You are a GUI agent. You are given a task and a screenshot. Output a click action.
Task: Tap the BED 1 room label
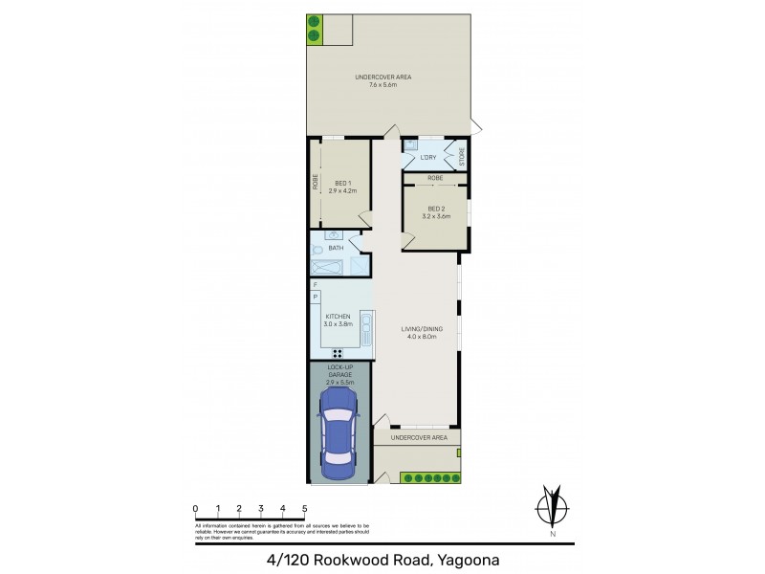(342, 184)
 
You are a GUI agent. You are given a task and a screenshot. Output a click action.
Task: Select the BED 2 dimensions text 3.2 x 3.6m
(436, 217)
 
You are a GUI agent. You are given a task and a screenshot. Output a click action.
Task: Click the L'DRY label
(427, 157)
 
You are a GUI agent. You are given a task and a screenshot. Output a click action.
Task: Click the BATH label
(336, 249)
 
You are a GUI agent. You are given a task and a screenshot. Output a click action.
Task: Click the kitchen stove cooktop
(338, 353)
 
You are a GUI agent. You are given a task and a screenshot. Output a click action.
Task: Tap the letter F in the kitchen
(315, 285)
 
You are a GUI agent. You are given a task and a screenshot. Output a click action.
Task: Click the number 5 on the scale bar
(305, 508)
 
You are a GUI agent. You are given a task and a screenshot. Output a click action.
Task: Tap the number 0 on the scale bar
(195, 508)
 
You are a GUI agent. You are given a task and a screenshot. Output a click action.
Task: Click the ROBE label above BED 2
(435, 179)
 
